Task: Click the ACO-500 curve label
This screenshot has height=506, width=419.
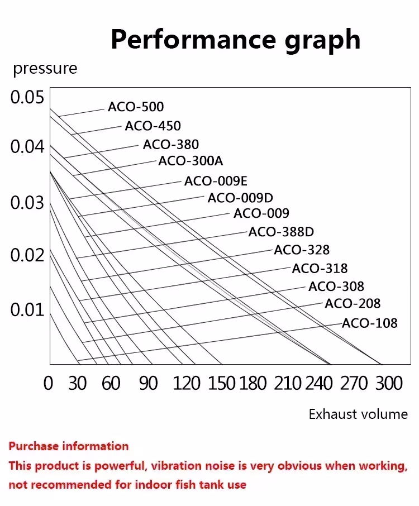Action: pyautogui.click(x=136, y=107)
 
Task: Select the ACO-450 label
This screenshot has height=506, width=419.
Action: pyautogui.click(x=153, y=126)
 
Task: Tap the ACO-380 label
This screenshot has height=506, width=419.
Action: pyautogui.click(x=171, y=145)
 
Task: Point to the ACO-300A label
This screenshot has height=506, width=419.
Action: pyautogui.click(x=191, y=161)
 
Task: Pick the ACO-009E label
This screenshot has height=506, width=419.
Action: pyautogui.click(x=216, y=181)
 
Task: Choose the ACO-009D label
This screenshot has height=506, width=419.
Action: pyautogui.click(x=240, y=198)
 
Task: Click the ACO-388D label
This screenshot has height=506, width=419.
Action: pyautogui.click(x=281, y=232)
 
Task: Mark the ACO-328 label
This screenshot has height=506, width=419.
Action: pyautogui.click(x=302, y=250)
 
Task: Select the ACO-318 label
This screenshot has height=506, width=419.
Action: pyautogui.click(x=320, y=268)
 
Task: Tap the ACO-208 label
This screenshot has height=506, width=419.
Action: pyautogui.click(x=353, y=303)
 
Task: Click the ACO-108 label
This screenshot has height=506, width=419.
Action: pyautogui.click(x=370, y=323)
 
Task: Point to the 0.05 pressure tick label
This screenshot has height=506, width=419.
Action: pyautogui.click(x=27, y=97)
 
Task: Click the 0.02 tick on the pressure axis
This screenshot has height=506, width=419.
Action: pyautogui.click(x=27, y=255)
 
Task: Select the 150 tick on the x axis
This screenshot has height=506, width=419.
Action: pyautogui.click(x=221, y=383)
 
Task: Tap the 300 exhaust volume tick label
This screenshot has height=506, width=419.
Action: pyautogui.click(x=389, y=383)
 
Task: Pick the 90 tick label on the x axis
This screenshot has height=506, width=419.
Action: pyautogui.click(x=149, y=383)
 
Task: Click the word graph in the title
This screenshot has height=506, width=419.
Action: pyautogui.click(x=323, y=41)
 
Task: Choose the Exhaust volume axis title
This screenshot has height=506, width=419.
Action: pyautogui.click(x=358, y=414)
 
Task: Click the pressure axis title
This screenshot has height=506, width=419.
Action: pyautogui.click(x=45, y=69)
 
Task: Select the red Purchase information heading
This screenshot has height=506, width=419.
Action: pyautogui.click(x=69, y=446)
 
